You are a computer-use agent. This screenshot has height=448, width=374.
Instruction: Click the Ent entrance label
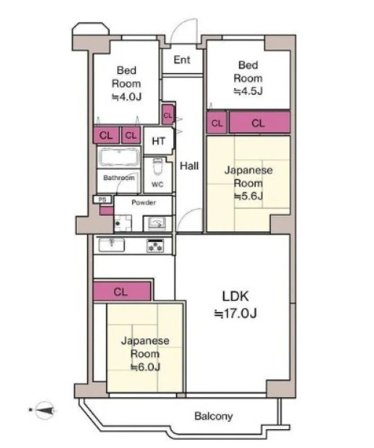(181, 60)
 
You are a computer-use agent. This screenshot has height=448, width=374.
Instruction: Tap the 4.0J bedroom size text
(126, 97)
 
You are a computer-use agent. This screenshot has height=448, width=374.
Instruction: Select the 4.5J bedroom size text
(248, 91)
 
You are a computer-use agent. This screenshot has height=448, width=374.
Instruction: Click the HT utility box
(158, 141)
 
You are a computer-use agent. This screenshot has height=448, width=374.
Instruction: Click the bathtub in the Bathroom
(119, 157)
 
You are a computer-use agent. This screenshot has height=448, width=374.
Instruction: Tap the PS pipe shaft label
(102, 199)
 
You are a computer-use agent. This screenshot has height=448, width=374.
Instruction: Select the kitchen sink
(111, 245)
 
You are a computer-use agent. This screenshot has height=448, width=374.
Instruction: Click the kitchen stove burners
(155, 246)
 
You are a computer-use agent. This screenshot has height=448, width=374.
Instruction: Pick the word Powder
(143, 202)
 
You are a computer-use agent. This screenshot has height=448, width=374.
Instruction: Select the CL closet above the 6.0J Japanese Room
(122, 291)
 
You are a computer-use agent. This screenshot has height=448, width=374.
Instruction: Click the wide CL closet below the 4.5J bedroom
(260, 122)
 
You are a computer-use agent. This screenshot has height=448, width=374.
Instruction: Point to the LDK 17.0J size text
(235, 314)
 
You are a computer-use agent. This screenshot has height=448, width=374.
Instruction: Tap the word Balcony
(214, 416)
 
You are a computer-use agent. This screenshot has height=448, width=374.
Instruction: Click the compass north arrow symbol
(44, 410)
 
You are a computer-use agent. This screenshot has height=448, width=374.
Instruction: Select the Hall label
(189, 166)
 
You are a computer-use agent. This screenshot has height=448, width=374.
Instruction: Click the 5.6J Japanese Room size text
(249, 196)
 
